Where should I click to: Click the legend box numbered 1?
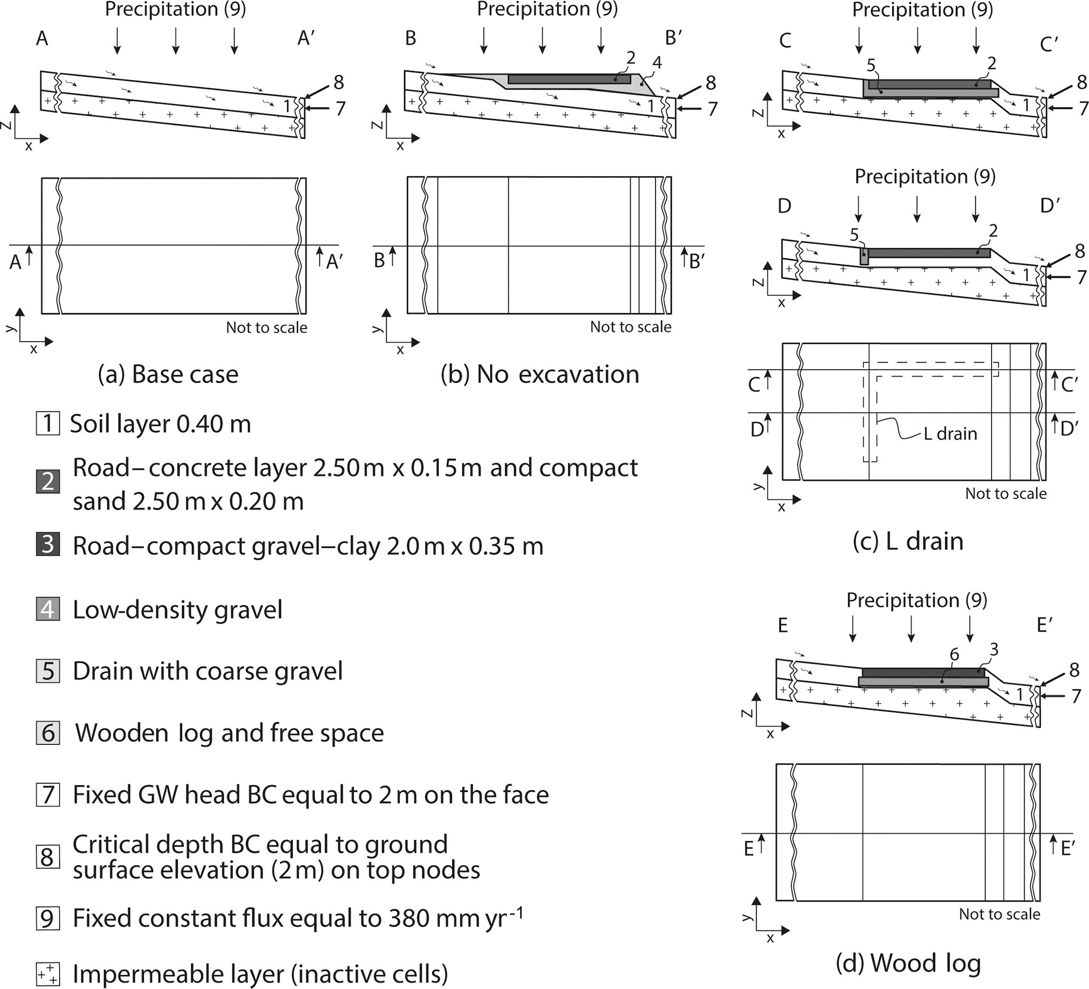(x=47, y=423)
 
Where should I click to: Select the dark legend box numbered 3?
(x=47, y=544)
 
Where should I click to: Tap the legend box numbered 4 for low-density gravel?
(x=47, y=609)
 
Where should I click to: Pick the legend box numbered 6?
(x=47, y=732)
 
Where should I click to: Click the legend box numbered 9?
(x=47, y=918)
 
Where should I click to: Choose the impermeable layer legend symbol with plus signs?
(x=47, y=973)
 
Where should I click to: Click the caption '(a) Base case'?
(x=168, y=374)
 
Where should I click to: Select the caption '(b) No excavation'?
(x=539, y=374)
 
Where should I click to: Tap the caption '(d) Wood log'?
(x=908, y=963)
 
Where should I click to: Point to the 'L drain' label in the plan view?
(x=950, y=433)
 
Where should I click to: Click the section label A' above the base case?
(x=306, y=38)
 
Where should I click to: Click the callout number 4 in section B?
(x=657, y=63)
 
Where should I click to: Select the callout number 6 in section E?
(x=955, y=654)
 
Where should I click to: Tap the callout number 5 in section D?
(x=854, y=235)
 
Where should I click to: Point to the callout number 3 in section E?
(x=994, y=649)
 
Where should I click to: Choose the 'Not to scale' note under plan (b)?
(x=631, y=326)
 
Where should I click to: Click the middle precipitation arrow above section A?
(x=175, y=41)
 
